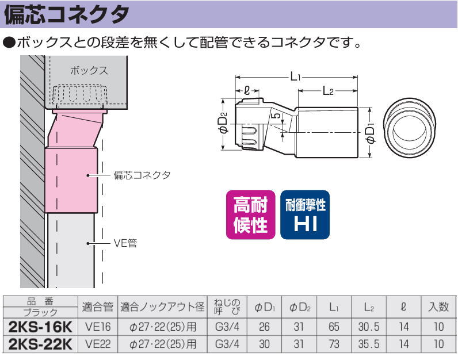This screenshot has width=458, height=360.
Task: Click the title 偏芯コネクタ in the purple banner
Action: pos(67,14)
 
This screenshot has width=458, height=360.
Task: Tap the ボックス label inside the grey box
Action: pos(89,71)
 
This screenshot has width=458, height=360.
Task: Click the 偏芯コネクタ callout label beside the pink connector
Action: pos(142,175)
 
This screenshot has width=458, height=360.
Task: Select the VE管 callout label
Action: pos(125,243)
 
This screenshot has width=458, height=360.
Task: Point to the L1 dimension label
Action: pos(295,77)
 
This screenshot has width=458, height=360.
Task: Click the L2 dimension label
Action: pos(328,91)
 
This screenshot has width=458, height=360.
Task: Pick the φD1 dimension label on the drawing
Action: pos(371,133)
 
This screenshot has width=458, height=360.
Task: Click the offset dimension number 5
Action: pos(276,115)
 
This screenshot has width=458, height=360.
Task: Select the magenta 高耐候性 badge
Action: pos(251,215)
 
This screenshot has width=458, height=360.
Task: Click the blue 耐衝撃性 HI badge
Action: pos(305,215)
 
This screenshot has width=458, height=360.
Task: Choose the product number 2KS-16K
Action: pos(40,327)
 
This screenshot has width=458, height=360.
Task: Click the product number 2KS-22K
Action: pos(40,344)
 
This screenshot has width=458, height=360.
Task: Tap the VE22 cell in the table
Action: pos(98,344)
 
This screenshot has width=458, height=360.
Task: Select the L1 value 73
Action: pos(334,344)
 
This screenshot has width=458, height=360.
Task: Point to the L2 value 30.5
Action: pos(369,327)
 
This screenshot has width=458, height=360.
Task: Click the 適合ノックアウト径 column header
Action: pos(162,307)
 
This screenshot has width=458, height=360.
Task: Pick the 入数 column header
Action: pos(438,307)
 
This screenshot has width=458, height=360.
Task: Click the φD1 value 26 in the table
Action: pos(264,327)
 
